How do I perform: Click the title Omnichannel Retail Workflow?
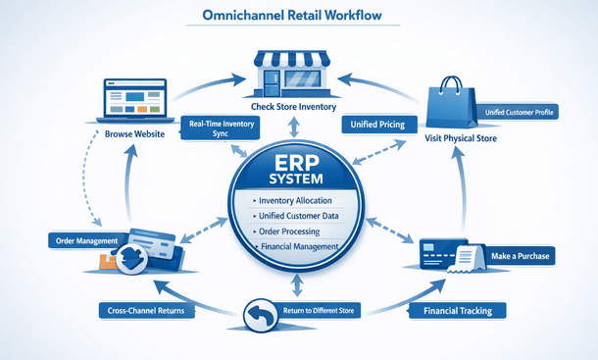pyautogui.click(x=298, y=18)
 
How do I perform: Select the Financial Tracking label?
pyautogui.click(x=457, y=311)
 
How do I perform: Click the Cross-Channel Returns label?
pyautogui.click(x=144, y=311)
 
